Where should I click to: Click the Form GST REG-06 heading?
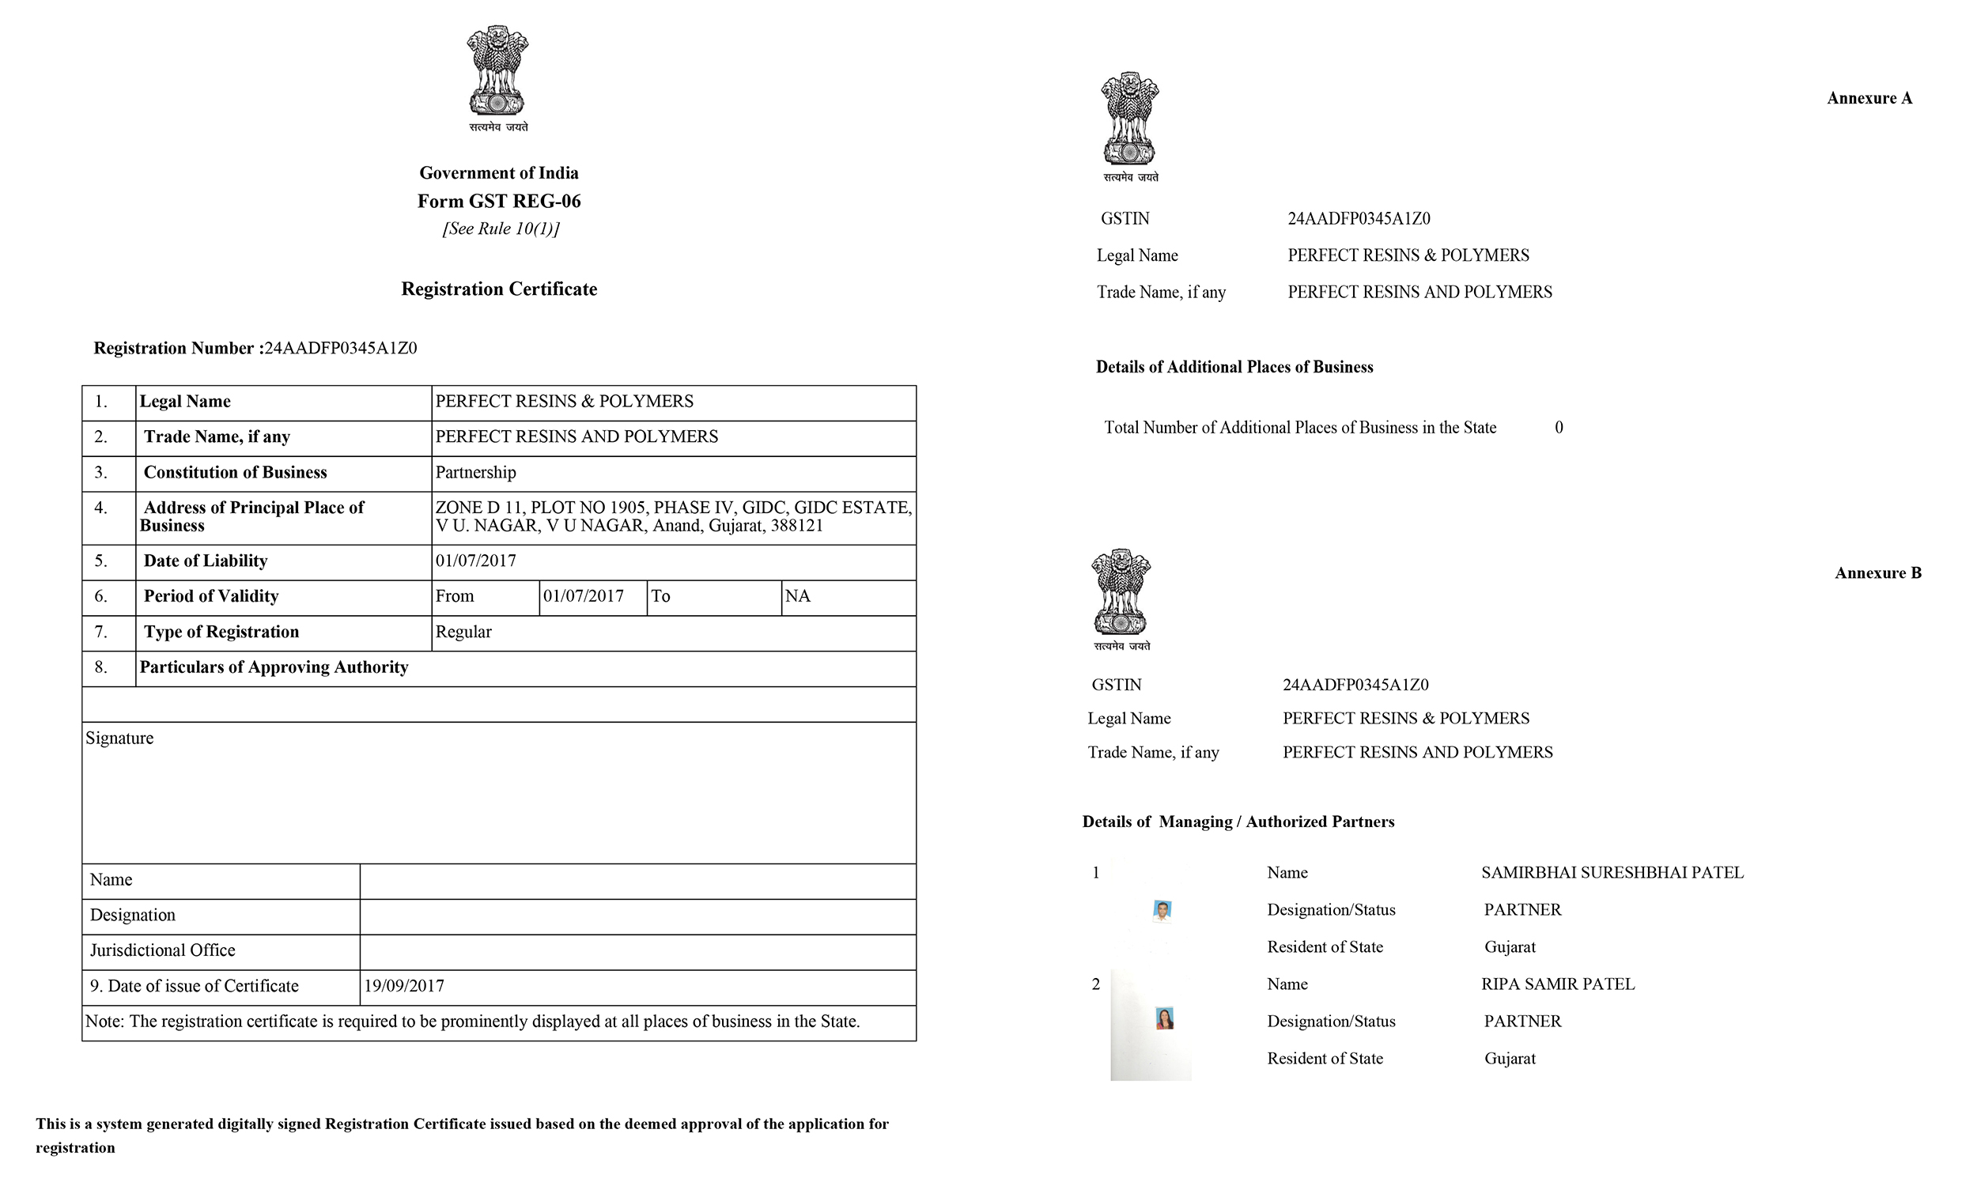[x=499, y=202]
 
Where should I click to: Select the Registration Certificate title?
[x=499, y=289]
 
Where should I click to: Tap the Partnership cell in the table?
[x=475, y=472]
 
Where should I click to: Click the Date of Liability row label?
[x=206, y=561]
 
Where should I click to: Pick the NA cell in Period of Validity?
[x=797, y=596]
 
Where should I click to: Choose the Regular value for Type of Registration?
[x=463, y=633]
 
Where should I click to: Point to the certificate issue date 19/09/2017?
[x=403, y=986]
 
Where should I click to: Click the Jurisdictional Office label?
[x=162, y=950]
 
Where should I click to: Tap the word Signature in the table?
[x=119, y=738]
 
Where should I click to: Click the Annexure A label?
[x=1869, y=98]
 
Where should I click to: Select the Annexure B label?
[x=1877, y=573]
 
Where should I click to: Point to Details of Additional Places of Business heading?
[x=1234, y=368]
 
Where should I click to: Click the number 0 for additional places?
[x=1558, y=428]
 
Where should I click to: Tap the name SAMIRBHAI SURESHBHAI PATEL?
[x=1612, y=873]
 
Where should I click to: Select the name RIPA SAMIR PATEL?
[x=1557, y=984]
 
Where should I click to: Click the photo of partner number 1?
[x=1162, y=910]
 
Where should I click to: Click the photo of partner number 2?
[x=1164, y=1019]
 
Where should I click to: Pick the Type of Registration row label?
[x=221, y=633]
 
